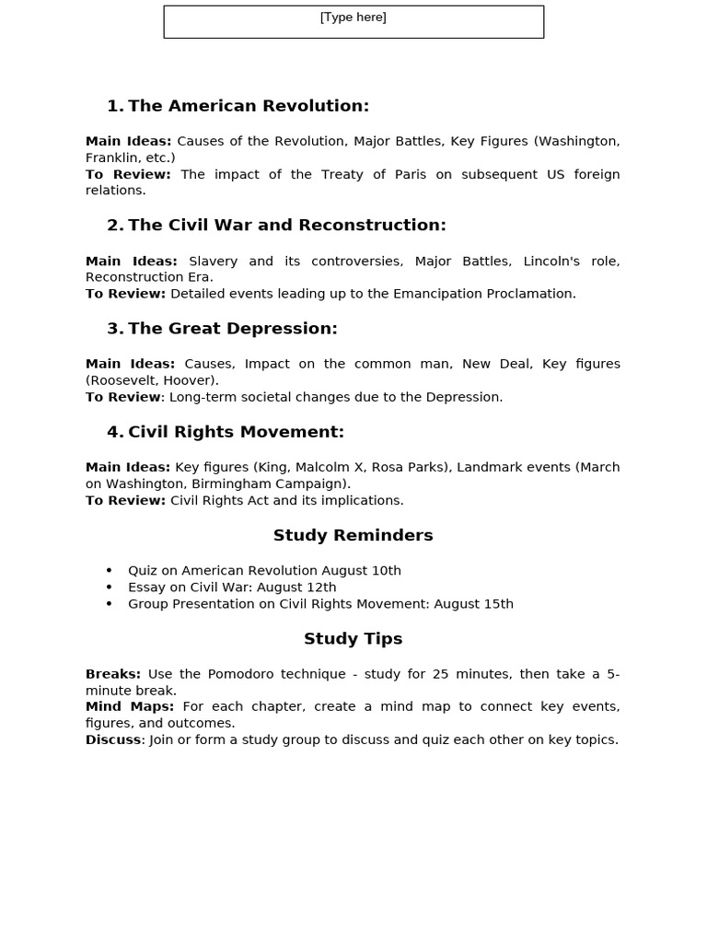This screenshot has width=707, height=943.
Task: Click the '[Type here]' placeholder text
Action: (353, 17)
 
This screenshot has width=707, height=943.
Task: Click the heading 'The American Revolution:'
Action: (249, 106)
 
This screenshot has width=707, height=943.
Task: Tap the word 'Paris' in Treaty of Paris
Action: (404, 174)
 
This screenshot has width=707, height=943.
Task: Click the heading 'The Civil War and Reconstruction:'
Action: (287, 225)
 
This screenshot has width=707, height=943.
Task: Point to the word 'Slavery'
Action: (213, 261)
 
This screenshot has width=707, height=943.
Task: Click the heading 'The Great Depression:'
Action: (233, 329)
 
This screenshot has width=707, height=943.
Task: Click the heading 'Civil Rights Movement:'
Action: (236, 432)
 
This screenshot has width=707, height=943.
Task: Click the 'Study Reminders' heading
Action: (353, 535)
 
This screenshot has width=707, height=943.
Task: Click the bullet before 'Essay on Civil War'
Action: (109, 588)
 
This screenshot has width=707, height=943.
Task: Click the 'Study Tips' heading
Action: (353, 638)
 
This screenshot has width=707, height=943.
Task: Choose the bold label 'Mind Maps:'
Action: (130, 706)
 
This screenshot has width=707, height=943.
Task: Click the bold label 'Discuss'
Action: (113, 739)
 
